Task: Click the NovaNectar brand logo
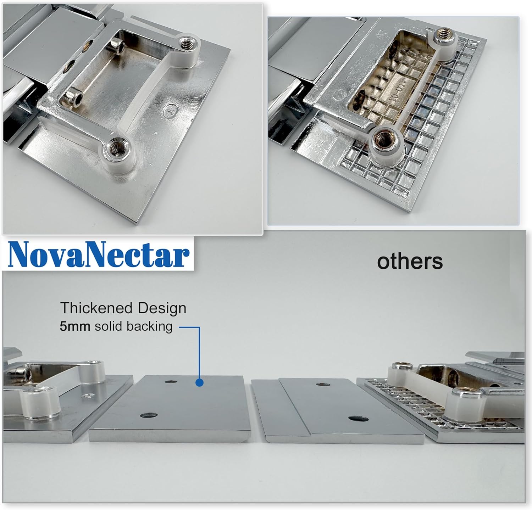[99, 255]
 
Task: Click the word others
[410, 262]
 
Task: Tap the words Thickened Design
[123, 308]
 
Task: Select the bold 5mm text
[75, 326]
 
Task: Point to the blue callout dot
[200, 383]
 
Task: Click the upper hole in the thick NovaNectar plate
[171, 382]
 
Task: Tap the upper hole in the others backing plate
[322, 384]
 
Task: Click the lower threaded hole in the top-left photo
[116, 145]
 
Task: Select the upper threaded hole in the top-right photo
[442, 33]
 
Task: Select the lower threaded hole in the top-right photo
[383, 138]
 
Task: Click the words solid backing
[133, 326]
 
